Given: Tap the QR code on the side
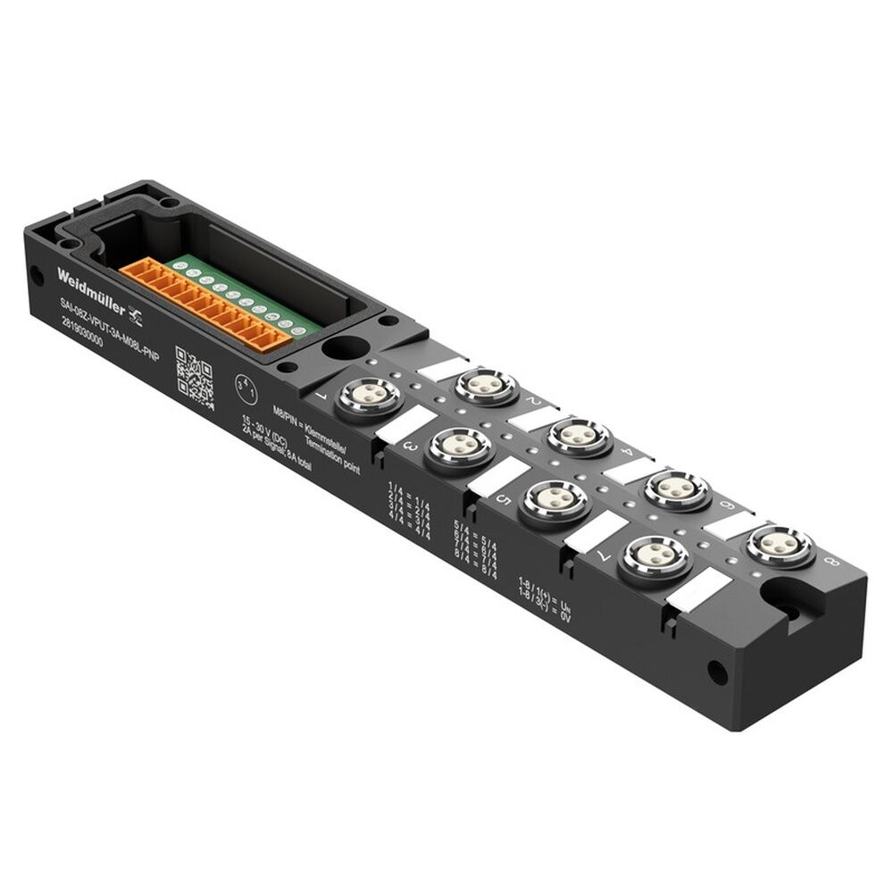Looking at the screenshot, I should [x=194, y=377].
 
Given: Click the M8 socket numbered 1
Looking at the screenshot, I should [x=369, y=397].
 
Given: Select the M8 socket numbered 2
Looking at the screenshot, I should [x=486, y=386].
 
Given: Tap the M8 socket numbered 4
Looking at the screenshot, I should [x=579, y=437].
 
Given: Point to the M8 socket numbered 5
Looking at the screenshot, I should [x=555, y=500].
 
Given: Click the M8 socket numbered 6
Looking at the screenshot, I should [x=677, y=489].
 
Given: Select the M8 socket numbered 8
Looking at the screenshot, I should [x=780, y=545].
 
